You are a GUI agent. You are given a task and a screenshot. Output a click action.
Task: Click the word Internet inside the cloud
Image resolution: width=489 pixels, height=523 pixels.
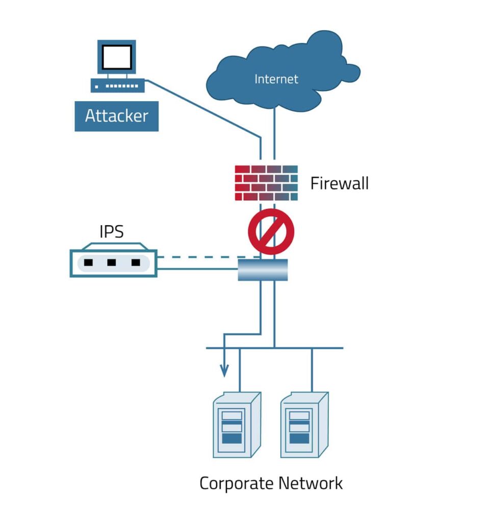[x=276, y=79]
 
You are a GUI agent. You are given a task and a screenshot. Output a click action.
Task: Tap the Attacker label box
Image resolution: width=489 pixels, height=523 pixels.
[x=116, y=116]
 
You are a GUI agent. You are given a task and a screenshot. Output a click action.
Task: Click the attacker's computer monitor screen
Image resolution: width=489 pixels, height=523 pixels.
[x=117, y=57]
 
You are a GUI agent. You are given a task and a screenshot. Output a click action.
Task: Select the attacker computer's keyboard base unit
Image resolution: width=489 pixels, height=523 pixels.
[x=117, y=85]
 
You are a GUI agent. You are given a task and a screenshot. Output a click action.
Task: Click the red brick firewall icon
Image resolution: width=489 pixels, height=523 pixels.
[x=266, y=183]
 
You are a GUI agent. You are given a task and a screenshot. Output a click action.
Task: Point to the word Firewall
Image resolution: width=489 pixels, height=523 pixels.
[x=339, y=183]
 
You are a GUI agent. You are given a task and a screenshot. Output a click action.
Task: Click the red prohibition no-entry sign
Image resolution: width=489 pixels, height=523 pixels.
[x=271, y=231]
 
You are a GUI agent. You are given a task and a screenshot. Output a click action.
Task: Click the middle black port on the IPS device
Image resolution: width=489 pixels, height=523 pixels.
[x=112, y=263]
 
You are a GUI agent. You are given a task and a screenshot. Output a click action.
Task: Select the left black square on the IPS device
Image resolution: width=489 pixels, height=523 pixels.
[x=88, y=263]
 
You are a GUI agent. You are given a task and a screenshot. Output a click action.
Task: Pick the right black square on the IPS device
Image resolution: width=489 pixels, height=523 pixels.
[x=136, y=263]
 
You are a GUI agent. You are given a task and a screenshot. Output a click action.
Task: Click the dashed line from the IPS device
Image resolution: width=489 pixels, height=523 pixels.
[x=204, y=257]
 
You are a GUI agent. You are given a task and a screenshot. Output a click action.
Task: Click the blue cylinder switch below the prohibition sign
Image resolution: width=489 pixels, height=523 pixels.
[x=263, y=270]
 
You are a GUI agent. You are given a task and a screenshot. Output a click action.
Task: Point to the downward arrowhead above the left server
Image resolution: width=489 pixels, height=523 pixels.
[x=224, y=371]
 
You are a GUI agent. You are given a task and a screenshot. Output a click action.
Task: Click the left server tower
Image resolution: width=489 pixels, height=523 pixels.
[x=237, y=425]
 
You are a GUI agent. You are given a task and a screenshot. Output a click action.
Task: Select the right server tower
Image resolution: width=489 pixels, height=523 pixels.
[x=304, y=425]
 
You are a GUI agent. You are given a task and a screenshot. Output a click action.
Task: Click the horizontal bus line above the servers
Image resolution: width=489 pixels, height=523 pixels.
[x=306, y=348]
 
